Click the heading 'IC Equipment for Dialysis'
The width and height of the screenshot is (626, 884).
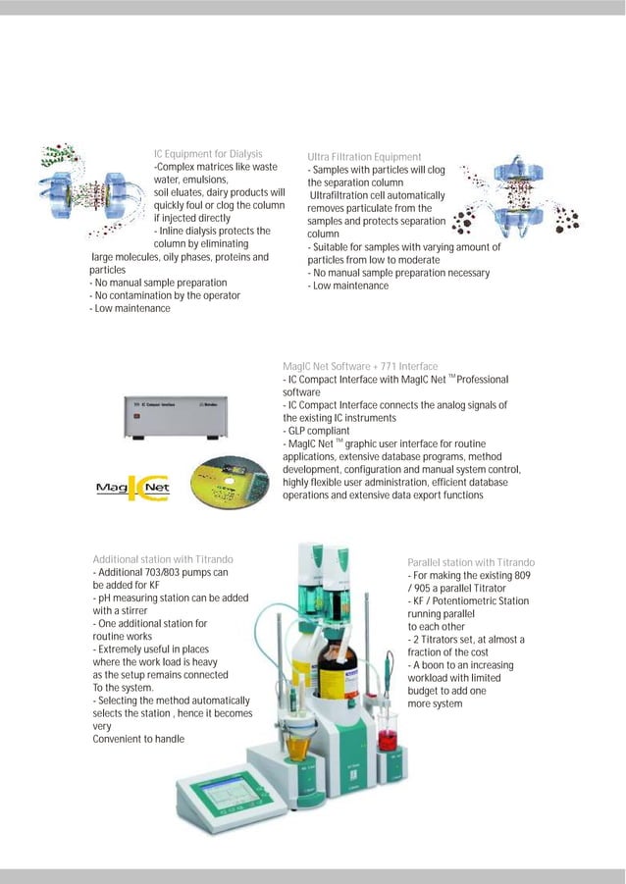pyautogui.click(x=207, y=154)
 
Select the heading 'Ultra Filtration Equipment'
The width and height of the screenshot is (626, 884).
pyautogui.click(x=364, y=157)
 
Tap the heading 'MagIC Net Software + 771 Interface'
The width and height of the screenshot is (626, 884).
pyautogui.click(x=359, y=366)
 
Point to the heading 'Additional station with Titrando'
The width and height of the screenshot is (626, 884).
pyautogui.click(x=162, y=559)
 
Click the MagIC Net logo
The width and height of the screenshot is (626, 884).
pyautogui.click(x=132, y=487)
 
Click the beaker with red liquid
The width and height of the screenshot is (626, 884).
pyautogui.click(x=389, y=736)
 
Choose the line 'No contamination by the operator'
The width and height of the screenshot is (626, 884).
pyautogui.click(x=165, y=295)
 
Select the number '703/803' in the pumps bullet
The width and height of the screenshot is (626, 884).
pyautogui.click(x=161, y=572)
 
